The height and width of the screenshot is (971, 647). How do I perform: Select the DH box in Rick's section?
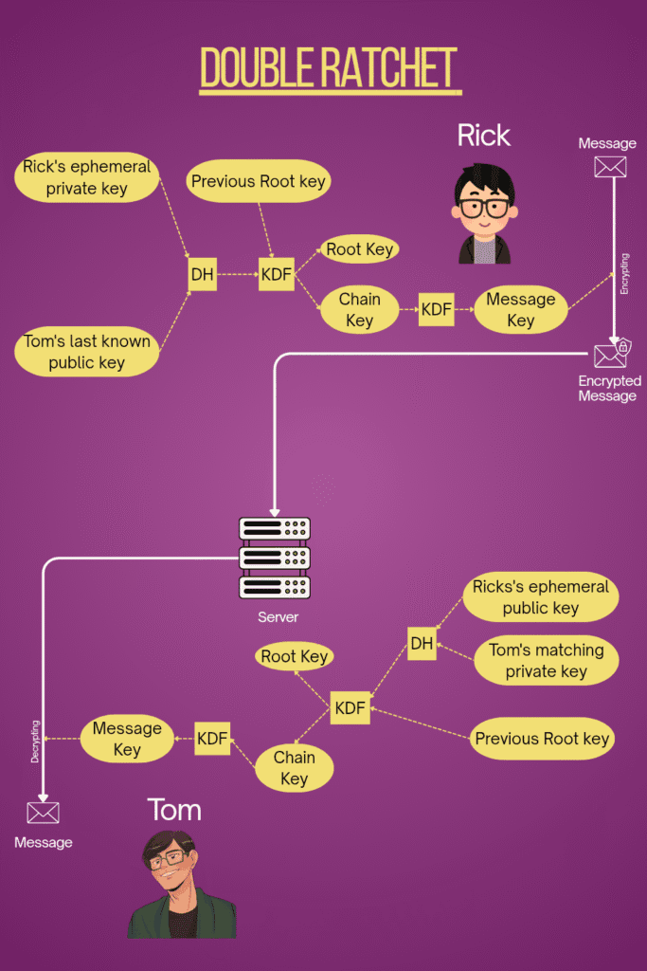203,275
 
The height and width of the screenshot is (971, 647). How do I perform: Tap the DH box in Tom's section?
422,644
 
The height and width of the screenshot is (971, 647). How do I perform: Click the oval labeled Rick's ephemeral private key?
86,177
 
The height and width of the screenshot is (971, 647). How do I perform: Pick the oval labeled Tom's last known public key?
86,352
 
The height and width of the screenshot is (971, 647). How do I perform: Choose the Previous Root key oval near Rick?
258,181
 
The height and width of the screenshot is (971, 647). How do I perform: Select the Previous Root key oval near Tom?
542,739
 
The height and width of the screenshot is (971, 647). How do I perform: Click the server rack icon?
275,559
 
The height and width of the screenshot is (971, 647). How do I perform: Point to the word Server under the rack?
278,617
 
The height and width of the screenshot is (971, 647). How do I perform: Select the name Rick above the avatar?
483,136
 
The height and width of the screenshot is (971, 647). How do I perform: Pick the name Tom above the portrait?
174,810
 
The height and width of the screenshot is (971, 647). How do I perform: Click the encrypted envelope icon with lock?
611,355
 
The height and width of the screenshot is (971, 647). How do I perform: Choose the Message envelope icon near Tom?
43,813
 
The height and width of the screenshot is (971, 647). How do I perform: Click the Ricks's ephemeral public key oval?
540,597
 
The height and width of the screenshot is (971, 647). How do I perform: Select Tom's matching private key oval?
546,661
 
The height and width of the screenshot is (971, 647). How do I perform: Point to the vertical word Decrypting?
35,742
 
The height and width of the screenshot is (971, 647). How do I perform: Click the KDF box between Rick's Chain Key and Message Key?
436,309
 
